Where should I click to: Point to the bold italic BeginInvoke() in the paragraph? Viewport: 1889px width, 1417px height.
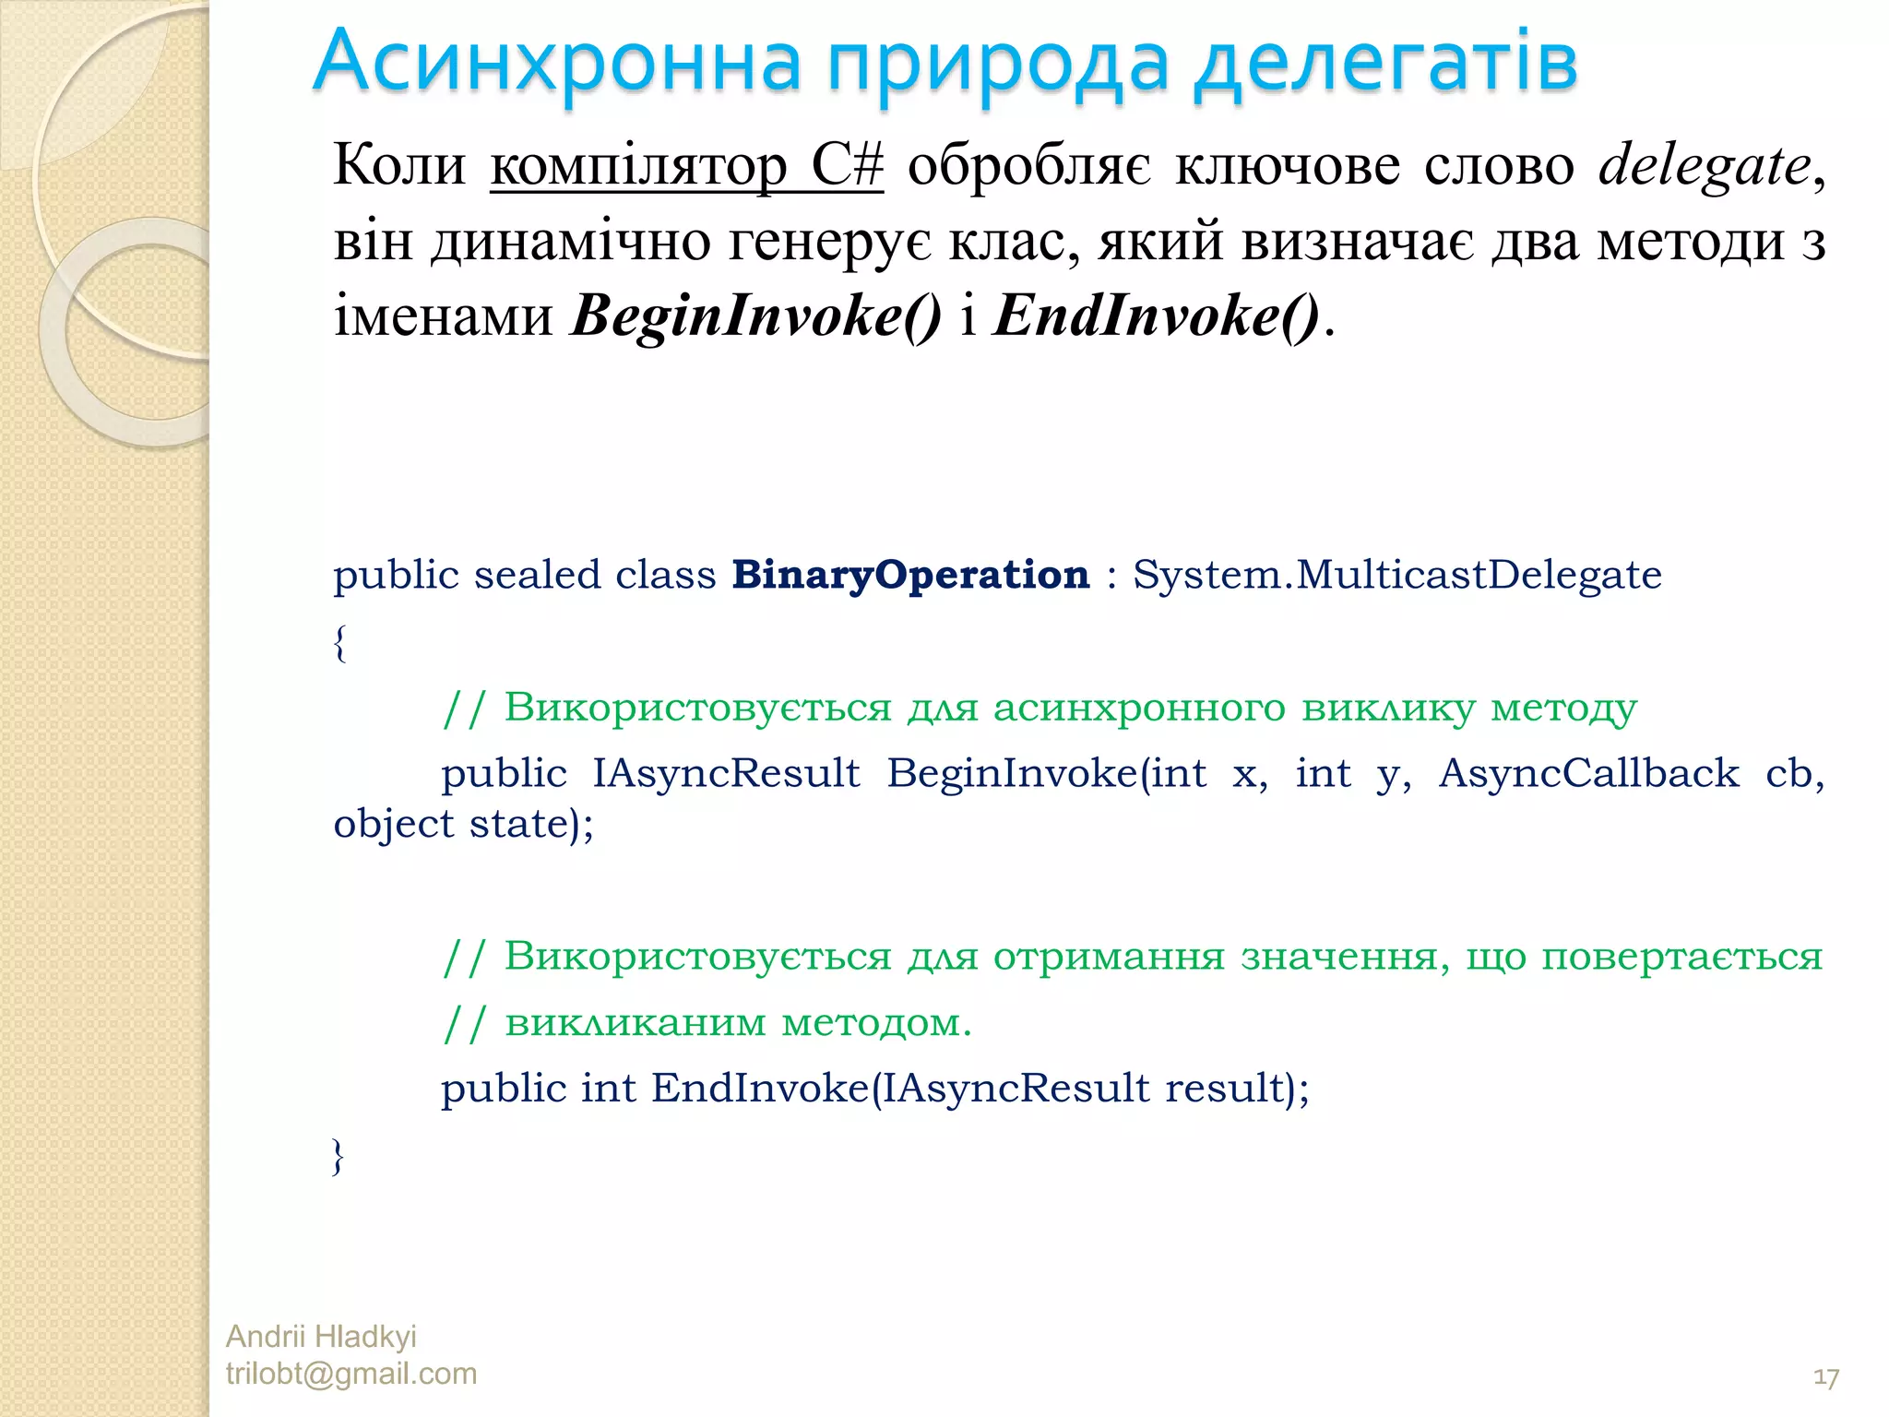point(756,316)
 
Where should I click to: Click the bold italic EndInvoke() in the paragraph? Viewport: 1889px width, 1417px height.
point(1157,316)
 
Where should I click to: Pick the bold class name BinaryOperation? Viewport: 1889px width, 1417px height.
point(910,575)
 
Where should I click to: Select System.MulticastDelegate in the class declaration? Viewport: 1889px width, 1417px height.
point(1396,575)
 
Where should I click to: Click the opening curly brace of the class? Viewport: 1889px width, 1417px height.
point(340,643)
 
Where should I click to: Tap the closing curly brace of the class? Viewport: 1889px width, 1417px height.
point(339,1156)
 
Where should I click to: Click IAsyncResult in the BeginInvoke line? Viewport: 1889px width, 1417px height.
point(726,773)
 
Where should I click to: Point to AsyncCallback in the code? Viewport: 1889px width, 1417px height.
point(1588,773)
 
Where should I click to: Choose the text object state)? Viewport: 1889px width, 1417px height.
point(463,824)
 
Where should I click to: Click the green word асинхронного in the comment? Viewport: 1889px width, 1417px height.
point(1138,708)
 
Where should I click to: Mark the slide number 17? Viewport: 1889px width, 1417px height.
point(1825,1378)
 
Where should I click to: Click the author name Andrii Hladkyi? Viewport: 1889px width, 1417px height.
point(321,1336)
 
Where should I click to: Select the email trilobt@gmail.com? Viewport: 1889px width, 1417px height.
point(351,1374)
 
